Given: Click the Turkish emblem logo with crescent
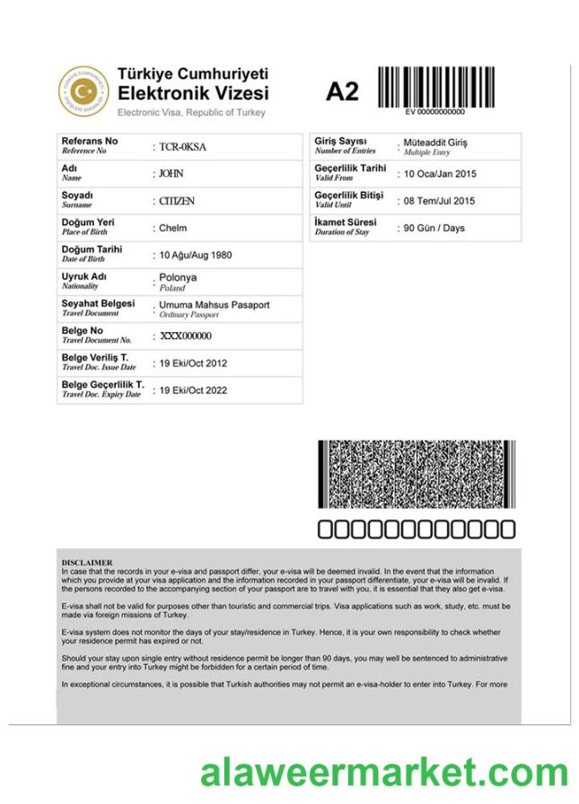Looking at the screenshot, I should click(83, 91).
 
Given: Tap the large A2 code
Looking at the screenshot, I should click(341, 92).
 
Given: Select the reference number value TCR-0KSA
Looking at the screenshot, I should click(182, 147).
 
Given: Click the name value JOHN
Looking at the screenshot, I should click(171, 174).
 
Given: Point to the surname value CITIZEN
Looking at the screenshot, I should click(177, 201).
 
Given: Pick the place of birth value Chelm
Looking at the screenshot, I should click(172, 228).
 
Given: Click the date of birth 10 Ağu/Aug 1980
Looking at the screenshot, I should click(195, 255).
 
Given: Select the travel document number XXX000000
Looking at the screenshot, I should click(186, 336).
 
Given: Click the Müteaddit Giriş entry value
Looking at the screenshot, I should click(435, 143).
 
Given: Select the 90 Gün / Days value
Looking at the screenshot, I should click(434, 228).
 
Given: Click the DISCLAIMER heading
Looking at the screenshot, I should click(87, 563).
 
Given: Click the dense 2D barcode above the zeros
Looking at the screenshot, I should click(417, 474).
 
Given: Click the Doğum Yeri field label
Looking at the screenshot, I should click(87, 222).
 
